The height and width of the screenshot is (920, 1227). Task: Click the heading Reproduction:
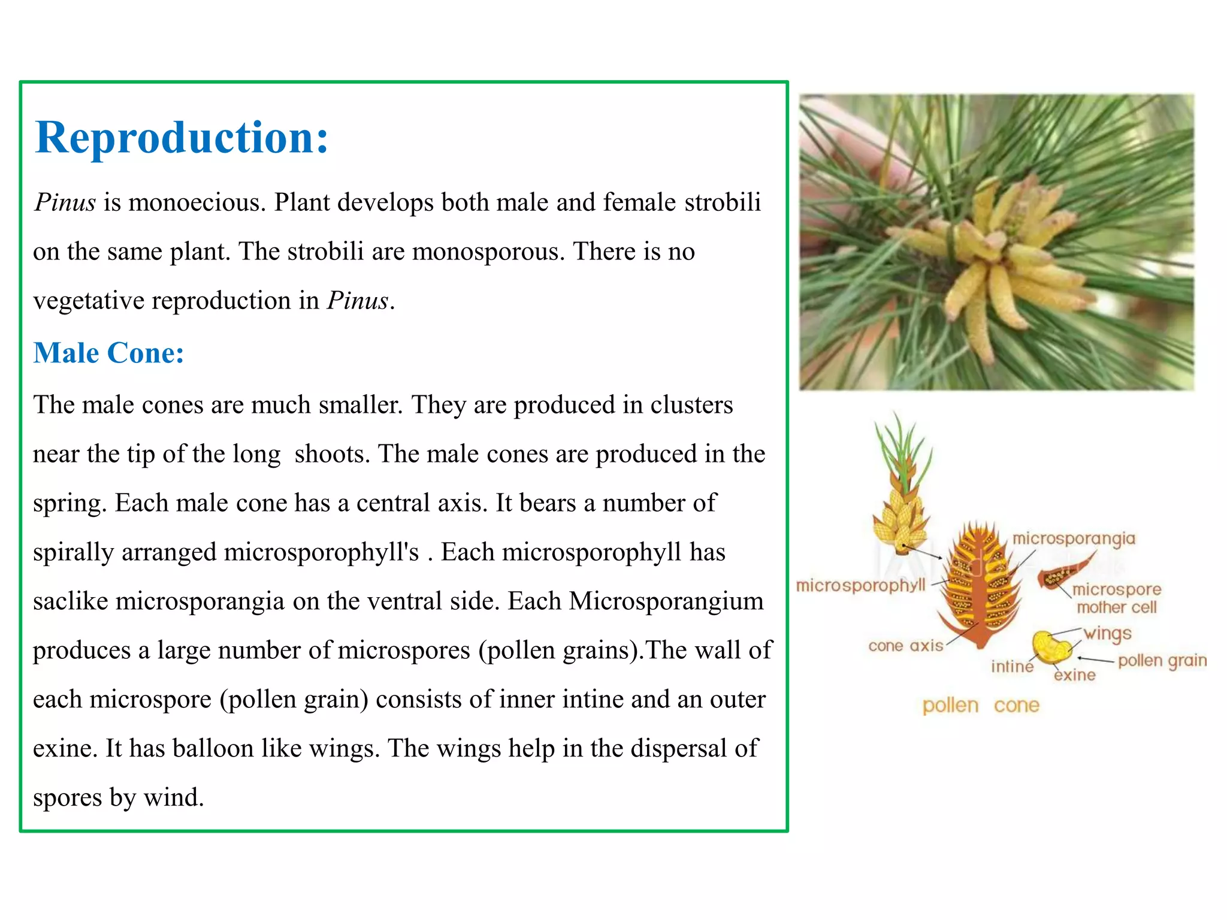(182, 138)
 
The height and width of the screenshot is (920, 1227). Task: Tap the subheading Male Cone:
(108, 353)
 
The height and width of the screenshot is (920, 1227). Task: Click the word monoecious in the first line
(197, 202)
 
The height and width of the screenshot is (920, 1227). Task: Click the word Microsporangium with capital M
(666, 601)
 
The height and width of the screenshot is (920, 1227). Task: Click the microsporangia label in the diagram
(1074, 538)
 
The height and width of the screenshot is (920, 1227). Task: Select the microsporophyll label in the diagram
(860, 585)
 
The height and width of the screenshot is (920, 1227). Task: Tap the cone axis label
(905, 646)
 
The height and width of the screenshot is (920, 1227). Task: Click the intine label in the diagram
(1012, 666)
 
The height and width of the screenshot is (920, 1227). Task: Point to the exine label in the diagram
(1074, 675)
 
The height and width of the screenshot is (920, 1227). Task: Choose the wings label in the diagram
(1108, 633)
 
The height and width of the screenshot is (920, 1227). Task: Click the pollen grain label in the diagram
(1162, 660)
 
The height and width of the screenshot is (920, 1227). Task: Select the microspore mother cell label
(1116, 598)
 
